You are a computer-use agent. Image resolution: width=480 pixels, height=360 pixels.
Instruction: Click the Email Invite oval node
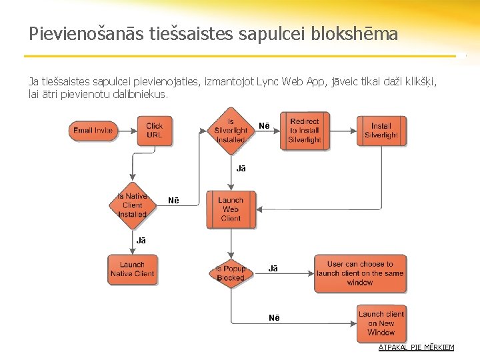93,130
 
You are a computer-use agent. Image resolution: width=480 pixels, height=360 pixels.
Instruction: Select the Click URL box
154,130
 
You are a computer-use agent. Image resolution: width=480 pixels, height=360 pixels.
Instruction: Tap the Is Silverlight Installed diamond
231,131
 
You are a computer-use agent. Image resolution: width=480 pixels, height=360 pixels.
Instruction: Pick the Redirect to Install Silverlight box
305,131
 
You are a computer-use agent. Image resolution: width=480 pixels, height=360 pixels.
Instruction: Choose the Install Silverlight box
381,131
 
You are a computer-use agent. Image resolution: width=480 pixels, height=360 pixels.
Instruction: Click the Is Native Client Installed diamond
132,205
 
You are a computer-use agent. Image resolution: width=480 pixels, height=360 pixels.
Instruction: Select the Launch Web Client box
231,209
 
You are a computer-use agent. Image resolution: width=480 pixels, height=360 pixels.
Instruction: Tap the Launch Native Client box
132,269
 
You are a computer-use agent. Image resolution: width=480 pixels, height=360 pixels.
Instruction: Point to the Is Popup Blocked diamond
231,273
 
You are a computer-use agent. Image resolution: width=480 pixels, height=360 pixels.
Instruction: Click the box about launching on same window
360,273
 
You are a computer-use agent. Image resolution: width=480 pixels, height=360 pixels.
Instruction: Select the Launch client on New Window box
381,323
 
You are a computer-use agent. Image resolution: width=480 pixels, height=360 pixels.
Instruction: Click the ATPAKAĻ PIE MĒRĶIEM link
416,347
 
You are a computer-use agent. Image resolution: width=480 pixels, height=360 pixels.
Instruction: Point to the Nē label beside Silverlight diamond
265,126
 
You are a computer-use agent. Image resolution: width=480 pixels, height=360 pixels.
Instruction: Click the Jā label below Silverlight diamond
241,169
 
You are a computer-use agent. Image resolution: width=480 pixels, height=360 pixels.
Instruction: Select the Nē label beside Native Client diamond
173,201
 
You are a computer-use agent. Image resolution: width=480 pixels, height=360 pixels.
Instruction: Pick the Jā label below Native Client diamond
141,240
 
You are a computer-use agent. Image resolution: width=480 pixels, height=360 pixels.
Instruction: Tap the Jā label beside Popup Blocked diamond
273,269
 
